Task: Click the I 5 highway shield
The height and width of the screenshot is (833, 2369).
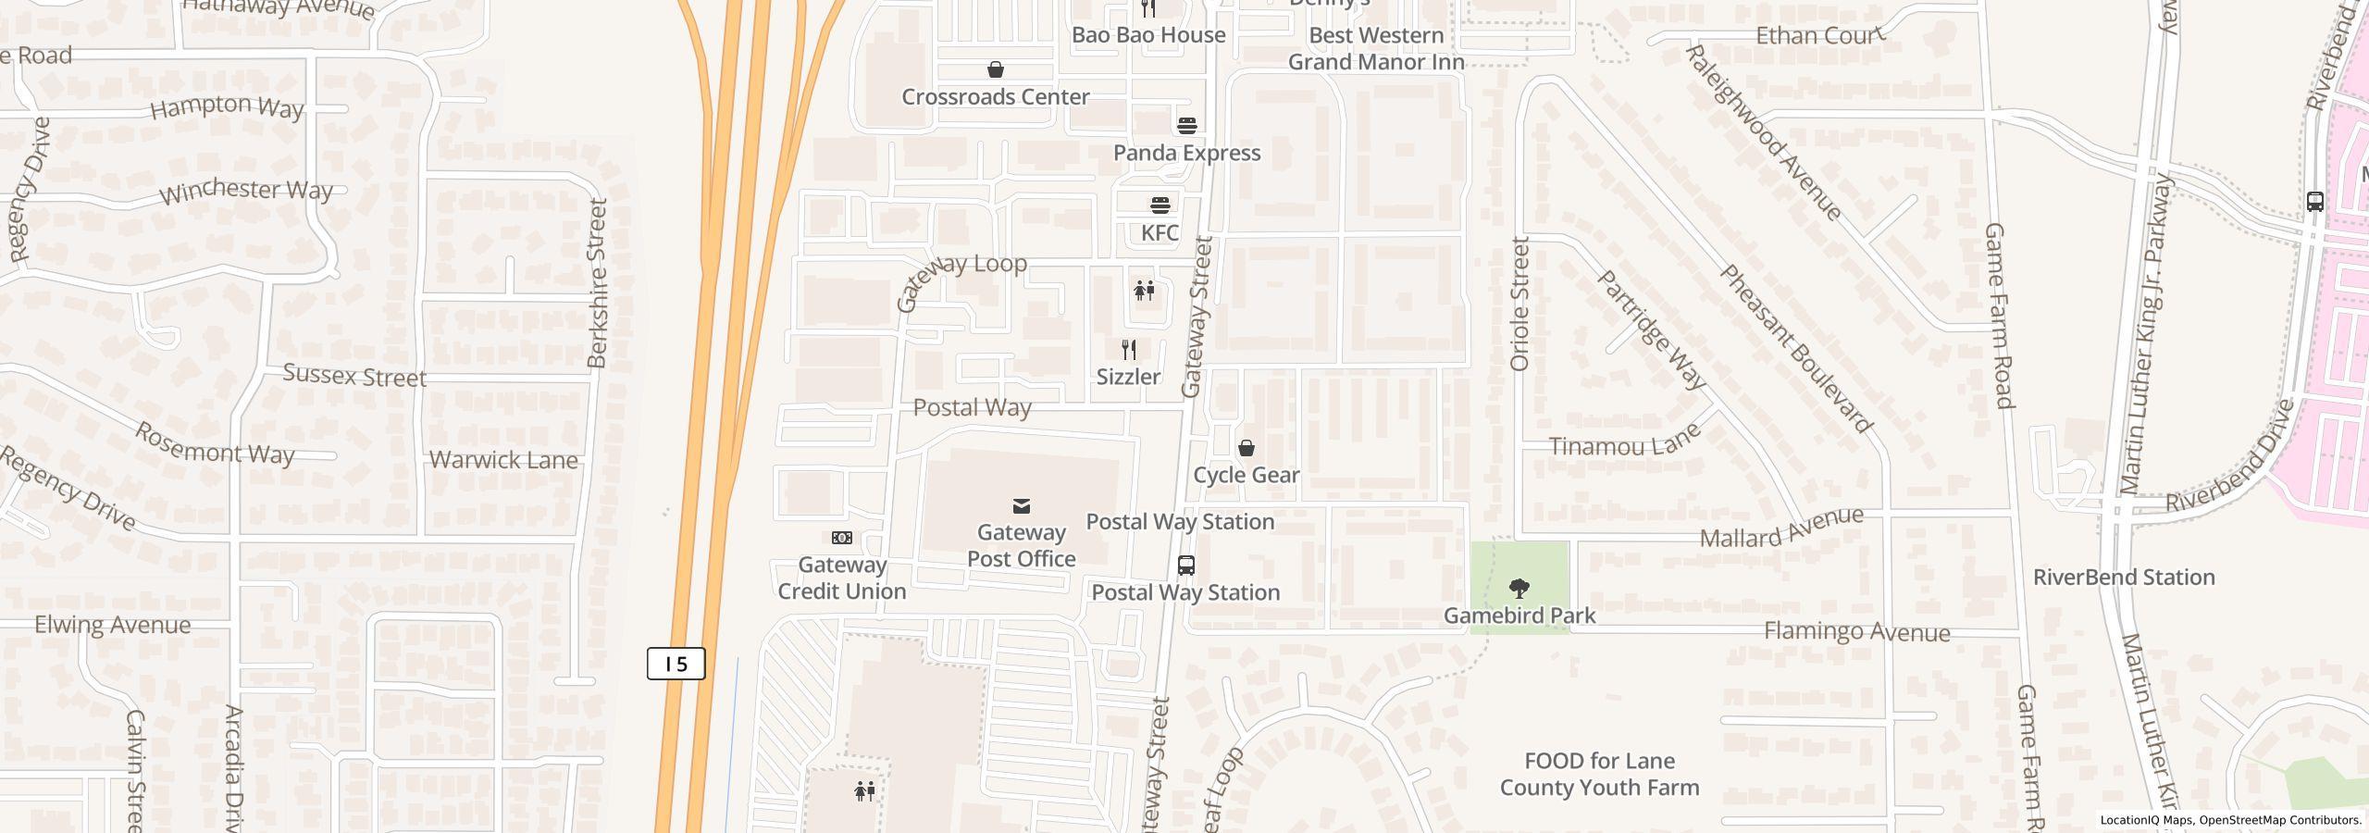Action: coord(676,664)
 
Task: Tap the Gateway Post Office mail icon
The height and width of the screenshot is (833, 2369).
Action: coord(1022,506)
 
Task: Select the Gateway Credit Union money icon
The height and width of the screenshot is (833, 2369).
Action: coord(842,538)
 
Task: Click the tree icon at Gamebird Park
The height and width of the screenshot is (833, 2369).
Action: coord(1519,588)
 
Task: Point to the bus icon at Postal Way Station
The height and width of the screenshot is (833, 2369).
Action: coord(1185,566)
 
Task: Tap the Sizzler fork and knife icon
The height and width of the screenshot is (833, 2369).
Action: coord(1128,350)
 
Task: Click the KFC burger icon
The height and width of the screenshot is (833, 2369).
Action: coord(1160,205)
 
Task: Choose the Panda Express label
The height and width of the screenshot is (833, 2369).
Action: coord(1186,153)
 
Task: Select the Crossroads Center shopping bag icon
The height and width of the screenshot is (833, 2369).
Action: coord(996,70)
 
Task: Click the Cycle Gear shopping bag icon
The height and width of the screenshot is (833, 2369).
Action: coord(1247,449)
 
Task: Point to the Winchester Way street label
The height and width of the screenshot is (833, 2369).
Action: coord(246,191)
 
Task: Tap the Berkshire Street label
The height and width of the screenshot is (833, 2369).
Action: coord(598,282)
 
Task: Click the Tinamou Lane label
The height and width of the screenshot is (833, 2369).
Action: coord(1625,441)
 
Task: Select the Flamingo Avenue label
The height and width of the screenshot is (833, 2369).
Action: coord(1856,632)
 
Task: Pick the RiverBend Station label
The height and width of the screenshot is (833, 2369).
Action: coord(2124,578)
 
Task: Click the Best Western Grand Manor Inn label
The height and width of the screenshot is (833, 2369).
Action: coord(1376,49)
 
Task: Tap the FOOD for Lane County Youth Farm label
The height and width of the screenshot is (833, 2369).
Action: coord(1599,775)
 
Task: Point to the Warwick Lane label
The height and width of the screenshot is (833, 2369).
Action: coord(503,460)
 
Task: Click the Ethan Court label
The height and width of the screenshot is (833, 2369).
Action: coord(1819,36)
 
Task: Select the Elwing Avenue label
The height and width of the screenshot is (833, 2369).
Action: coord(113,625)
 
